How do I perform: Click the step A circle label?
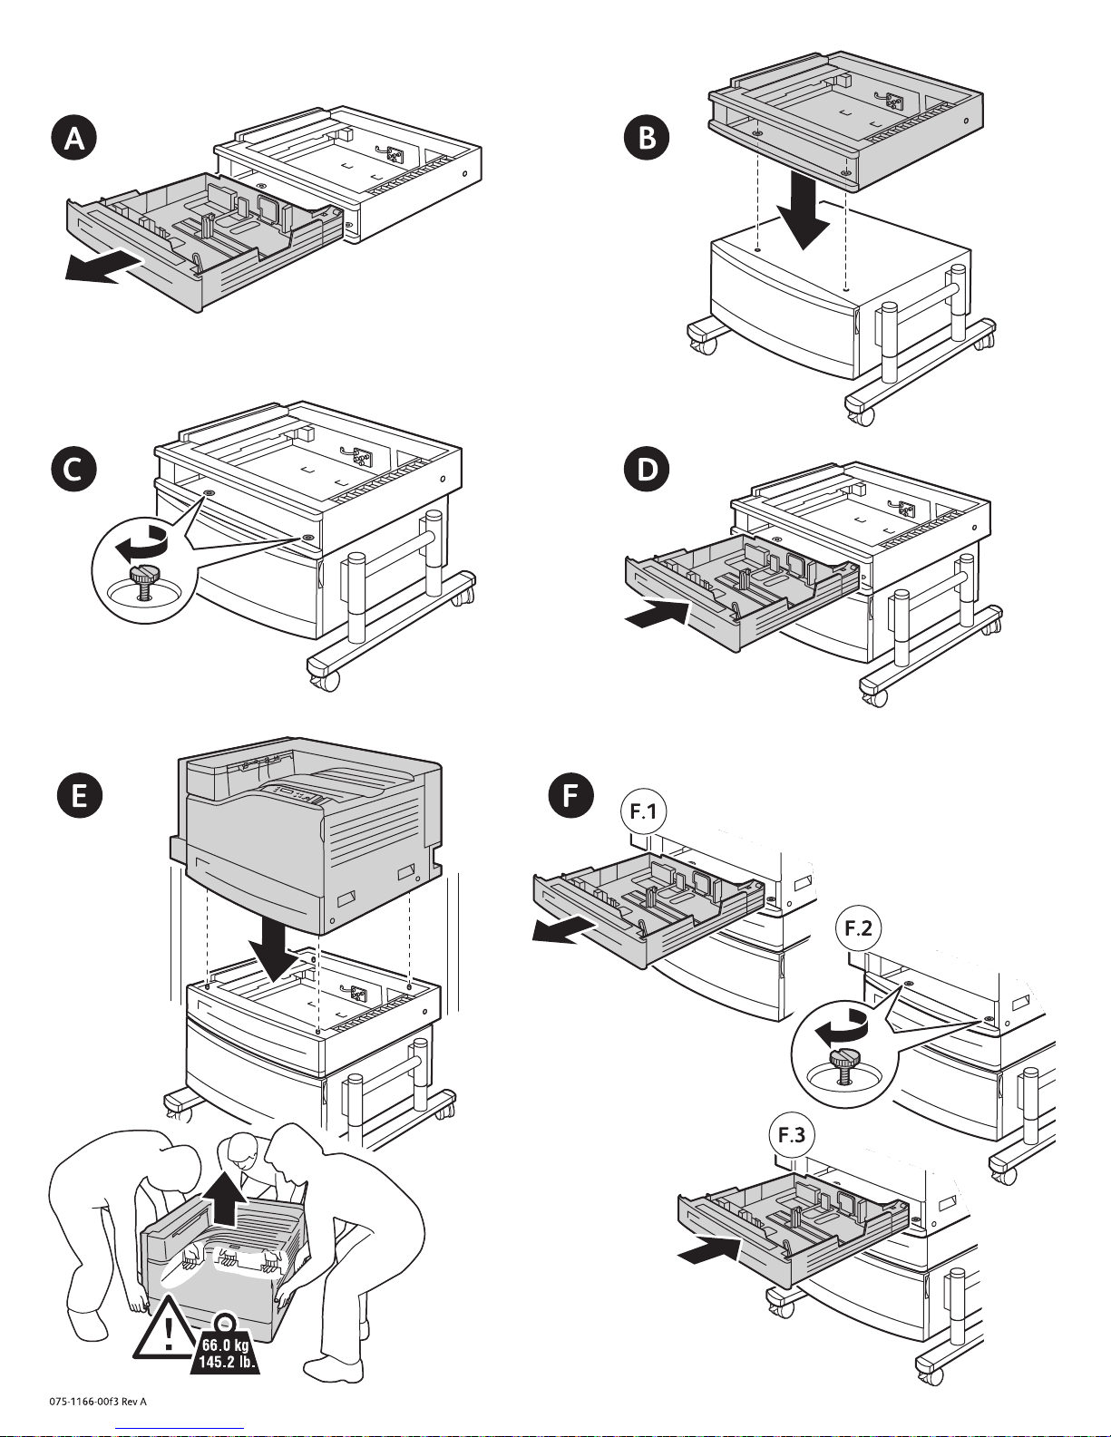(x=74, y=138)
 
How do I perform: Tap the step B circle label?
(x=648, y=137)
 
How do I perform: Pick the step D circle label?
(x=648, y=469)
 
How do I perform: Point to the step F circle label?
(x=570, y=794)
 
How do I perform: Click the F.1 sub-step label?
(x=643, y=811)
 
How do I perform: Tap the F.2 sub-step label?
(x=858, y=927)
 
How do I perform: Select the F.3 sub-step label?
(x=792, y=1135)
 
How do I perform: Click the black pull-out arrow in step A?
(x=102, y=268)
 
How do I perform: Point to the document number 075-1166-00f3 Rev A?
(x=98, y=1401)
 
